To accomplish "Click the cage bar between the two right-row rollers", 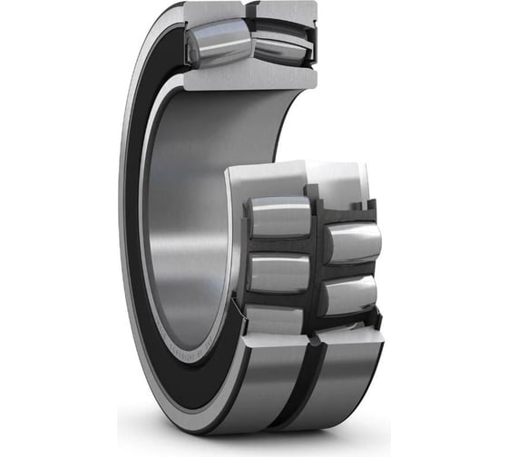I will coord(349,269).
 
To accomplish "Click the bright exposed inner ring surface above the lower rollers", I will coord(272,177).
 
